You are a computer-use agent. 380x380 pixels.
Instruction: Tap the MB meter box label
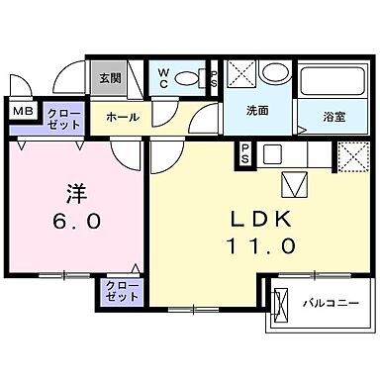tap(21, 113)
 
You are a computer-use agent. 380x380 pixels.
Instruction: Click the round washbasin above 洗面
tap(274, 75)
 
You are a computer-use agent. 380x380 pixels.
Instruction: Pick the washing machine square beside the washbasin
tap(240, 75)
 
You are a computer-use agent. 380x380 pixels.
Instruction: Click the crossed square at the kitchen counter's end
tap(351, 156)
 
